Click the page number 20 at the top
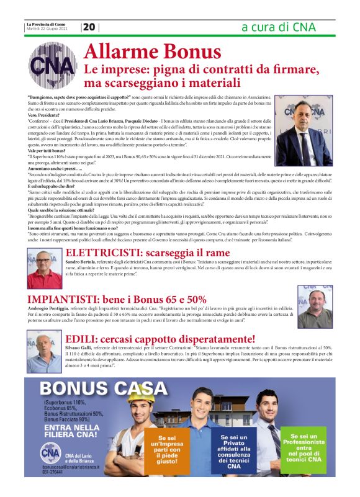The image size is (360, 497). (x=89, y=27)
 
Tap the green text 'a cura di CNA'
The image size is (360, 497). (x=278, y=27)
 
